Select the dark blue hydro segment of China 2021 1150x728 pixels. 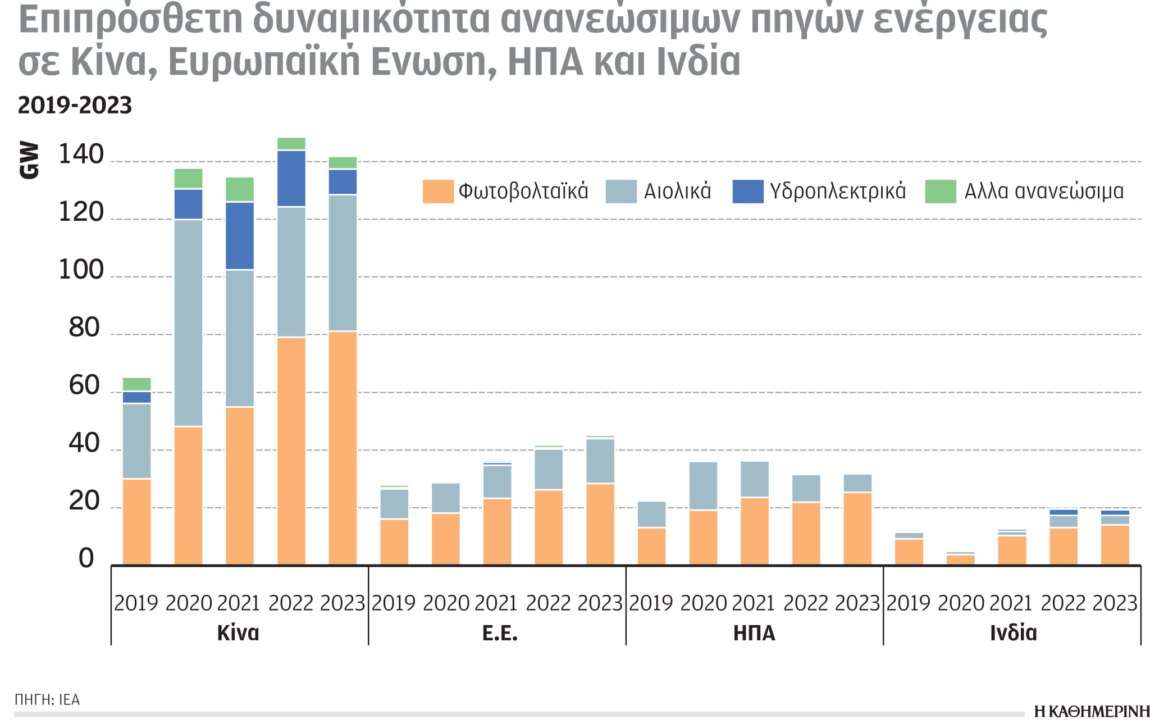(x=240, y=236)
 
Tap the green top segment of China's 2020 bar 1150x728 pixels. (x=188, y=178)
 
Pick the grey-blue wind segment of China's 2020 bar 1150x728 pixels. (x=188, y=323)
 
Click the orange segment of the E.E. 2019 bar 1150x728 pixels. (x=394, y=542)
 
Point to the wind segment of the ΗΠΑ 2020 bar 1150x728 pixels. (x=703, y=486)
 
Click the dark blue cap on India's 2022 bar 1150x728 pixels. (x=1064, y=512)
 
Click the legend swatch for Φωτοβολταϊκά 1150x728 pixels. (x=438, y=192)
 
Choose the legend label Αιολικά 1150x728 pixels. (x=677, y=192)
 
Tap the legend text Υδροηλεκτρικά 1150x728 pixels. (x=838, y=192)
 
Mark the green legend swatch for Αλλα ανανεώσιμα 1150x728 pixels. (x=941, y=192)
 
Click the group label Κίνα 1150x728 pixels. (x=238, y=633)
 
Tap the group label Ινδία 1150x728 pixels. (x=1013, y=633)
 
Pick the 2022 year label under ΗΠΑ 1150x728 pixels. (x=805, y=603)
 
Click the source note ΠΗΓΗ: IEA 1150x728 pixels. (x=47, y=700)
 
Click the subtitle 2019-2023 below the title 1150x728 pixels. (x=75, y=106)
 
